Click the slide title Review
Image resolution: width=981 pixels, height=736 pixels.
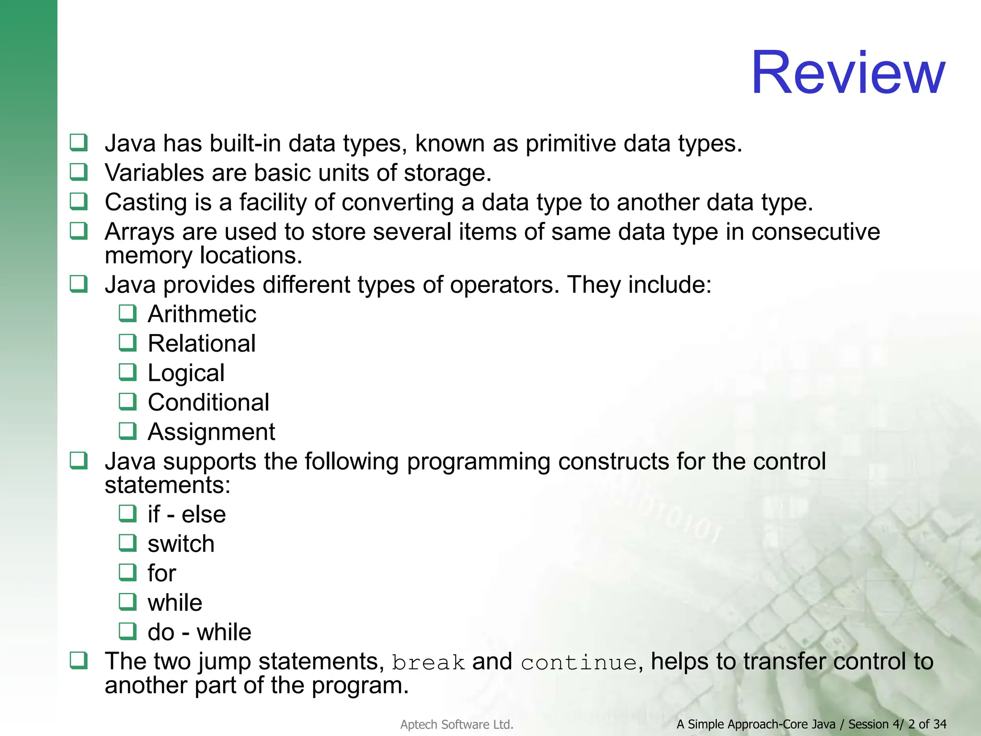[x=848, y=73]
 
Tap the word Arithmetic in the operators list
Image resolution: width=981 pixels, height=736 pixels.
[x=202, y=314]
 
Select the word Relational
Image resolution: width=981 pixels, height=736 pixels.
[x=202, y=344]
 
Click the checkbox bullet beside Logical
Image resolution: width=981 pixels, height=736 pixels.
[x=127, y=372]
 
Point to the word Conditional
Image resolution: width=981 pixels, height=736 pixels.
[x=208, y=402]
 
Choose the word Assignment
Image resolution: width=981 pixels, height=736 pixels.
[x=211, y=432]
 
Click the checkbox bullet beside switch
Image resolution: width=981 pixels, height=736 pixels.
[x=127, y=543]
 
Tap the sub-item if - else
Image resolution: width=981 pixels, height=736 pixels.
[x=186, y=515]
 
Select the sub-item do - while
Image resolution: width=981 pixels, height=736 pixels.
[x=199, y=632]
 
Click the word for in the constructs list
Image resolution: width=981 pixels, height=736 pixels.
[x=162, y=573]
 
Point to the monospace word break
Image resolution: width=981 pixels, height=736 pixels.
[x=428, y=663]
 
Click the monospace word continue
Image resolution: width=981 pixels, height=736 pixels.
[x=579, y=663]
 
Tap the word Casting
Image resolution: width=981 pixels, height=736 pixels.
[x=146, y=202]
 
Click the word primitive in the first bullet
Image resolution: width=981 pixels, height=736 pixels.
[x=570, y=143]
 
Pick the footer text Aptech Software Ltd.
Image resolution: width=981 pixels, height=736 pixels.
[x=456, y=724]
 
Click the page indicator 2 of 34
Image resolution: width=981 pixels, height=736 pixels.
[x=927, y=724]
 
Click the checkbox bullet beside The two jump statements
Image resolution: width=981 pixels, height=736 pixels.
[x=79, y=660]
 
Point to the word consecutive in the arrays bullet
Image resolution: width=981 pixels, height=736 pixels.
[x=815, y=232]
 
